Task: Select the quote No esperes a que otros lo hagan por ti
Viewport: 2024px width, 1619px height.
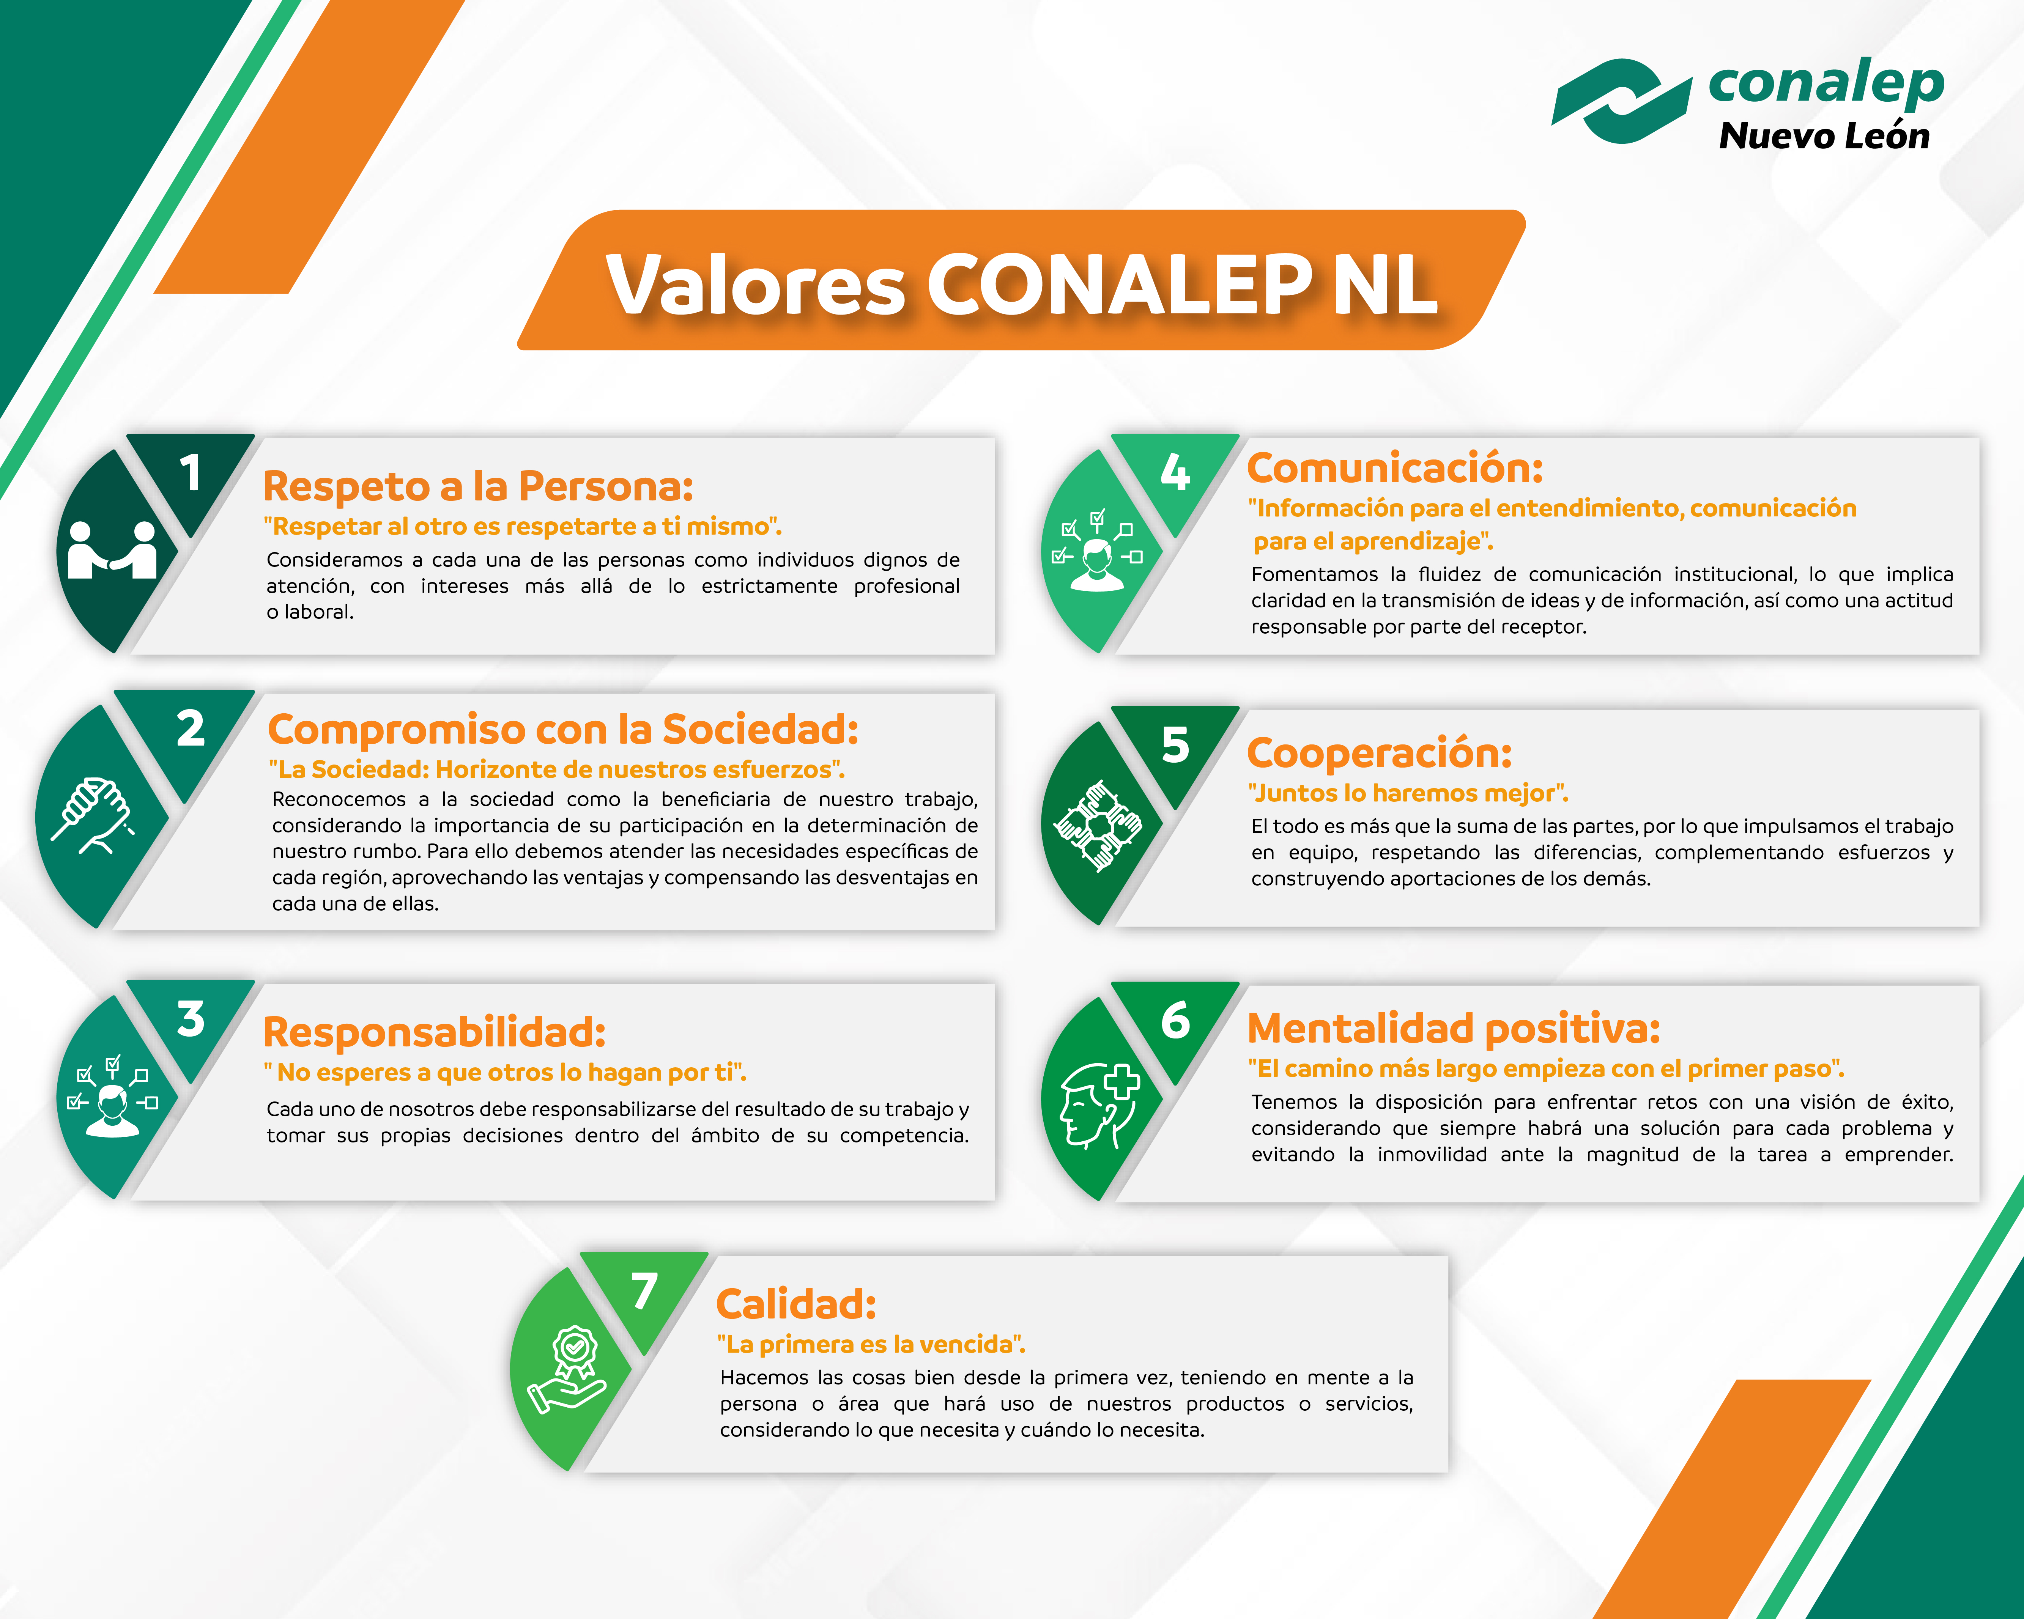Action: click(x=505, y=1072)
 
